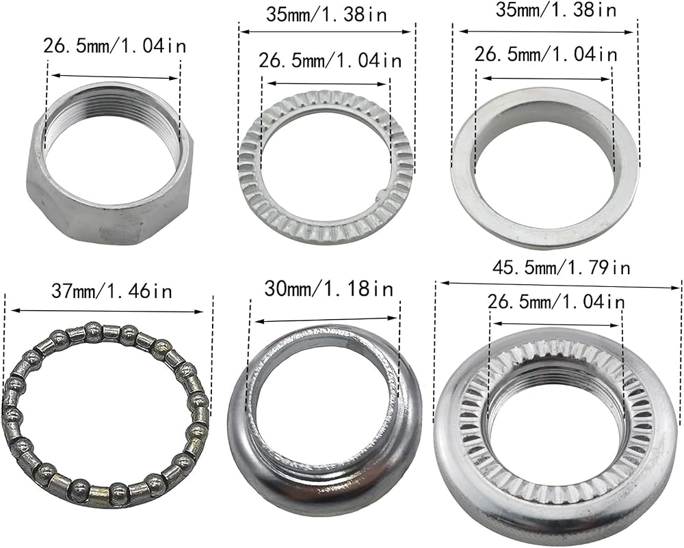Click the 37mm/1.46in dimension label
coord(111,291)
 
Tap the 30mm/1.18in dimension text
coord(328,288)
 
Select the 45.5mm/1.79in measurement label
coord(562,266)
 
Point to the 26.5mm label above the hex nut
coord(114,45)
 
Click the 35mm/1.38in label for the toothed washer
coord(326,14)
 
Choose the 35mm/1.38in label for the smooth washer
coord(556,10)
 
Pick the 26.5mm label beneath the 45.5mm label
coord(555,301)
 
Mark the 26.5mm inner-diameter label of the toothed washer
coord(330,59)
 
